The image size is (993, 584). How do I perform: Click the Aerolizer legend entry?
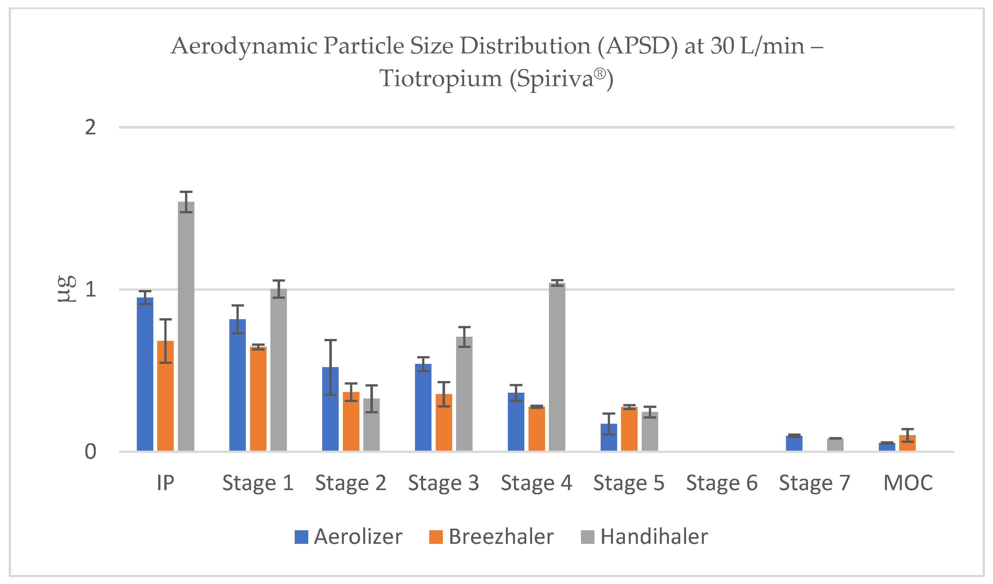tap(349, 537)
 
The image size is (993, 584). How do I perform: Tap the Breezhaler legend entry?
tap(491, 537)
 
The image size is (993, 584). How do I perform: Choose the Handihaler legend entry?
tap(644, 537)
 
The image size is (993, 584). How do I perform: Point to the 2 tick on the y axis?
tap(91, 127)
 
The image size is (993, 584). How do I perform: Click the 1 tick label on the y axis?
tap(91, 290)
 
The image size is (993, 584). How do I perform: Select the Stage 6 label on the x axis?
tap(722, 483)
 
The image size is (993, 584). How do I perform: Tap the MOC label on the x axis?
tap(908, 483)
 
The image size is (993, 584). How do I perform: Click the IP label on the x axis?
tap(166, 483)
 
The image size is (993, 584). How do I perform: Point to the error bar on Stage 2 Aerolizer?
tap(330, 367)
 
